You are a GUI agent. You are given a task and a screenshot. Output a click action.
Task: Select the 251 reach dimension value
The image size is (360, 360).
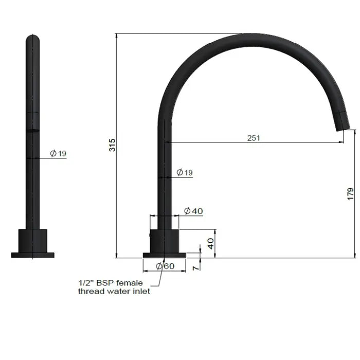point(254,138)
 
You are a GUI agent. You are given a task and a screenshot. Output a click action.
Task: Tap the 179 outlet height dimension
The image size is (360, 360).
point(350,193)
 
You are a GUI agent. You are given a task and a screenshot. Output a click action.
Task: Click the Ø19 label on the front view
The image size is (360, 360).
point(58,153)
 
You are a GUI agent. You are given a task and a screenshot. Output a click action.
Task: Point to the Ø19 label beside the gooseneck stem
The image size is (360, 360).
point(185,173)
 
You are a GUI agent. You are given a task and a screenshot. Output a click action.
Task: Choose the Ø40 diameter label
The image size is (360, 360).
point(193,211)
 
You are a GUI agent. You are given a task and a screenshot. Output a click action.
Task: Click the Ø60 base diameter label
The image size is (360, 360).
point(165,266)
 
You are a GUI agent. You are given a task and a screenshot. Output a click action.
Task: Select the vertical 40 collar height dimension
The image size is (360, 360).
point(210,243)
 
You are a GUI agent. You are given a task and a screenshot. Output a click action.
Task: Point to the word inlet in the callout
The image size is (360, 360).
point(140,291)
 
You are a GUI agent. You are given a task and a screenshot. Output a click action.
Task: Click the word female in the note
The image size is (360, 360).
point(130,283)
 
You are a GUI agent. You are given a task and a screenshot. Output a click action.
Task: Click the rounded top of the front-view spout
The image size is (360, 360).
point(32,39)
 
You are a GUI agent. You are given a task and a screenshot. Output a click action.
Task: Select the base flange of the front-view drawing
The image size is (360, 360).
point(33,255)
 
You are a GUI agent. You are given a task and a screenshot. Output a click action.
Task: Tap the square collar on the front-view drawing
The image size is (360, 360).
point(33,240)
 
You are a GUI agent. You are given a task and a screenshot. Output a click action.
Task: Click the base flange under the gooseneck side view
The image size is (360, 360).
point(164,255)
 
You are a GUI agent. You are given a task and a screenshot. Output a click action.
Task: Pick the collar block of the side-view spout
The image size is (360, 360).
point(164,240)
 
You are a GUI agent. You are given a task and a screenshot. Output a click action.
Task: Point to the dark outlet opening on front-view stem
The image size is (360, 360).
point(32,131)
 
